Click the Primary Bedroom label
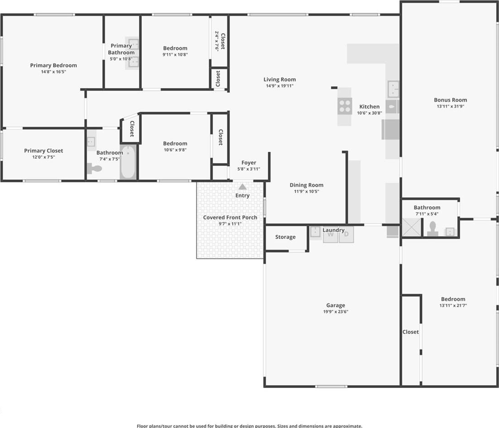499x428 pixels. click(54, 65)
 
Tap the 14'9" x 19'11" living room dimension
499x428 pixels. click(280, 86)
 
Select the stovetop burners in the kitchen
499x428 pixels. click(344, 106)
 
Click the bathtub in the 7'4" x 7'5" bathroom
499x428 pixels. click(128, 162)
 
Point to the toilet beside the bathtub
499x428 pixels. click(94, 168)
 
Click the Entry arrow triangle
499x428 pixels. click(243, 186)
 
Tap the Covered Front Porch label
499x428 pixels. click(230, 217)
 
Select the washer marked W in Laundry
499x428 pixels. click(330, 235)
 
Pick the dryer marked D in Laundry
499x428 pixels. click(346, 234)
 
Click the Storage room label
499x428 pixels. click(285, 237)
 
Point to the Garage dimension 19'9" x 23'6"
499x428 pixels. click(336, 312)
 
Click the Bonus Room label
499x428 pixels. click(450, 100)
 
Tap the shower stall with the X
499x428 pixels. click(411, 227)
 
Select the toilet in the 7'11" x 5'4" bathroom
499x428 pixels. click(433, 229)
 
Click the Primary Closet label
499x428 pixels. click(44, 150)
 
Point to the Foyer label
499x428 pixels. click(249, 163)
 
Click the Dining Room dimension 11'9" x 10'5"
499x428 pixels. click(306, 192)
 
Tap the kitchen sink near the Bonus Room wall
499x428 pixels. click(394, 89)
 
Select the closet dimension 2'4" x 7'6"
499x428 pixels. click(217, 41)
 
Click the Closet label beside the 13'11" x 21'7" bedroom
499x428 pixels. click(410, 332)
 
